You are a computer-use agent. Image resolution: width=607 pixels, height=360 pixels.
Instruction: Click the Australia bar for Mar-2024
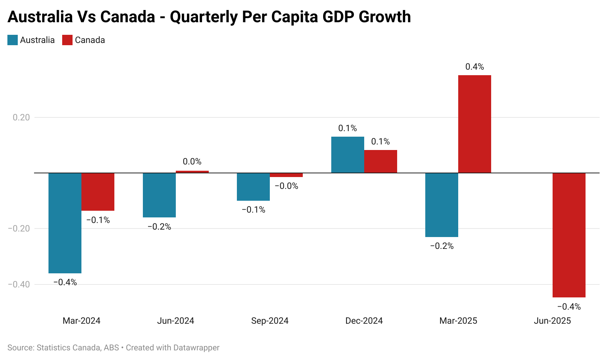65,223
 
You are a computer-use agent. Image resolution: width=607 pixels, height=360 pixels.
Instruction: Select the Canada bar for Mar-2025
474,124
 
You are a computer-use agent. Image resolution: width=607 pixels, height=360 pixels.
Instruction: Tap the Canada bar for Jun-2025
569,235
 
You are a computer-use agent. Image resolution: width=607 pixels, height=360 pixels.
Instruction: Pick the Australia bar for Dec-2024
348,155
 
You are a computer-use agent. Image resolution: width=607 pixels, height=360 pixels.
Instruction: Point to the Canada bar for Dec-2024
380,161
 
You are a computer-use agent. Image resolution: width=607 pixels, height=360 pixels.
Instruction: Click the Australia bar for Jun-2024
159,195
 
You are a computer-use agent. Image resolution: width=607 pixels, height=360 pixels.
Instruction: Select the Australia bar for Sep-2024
253,187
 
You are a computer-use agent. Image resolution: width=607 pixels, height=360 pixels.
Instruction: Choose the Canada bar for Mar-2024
98,192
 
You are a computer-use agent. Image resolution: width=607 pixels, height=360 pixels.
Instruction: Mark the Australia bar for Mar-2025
442,205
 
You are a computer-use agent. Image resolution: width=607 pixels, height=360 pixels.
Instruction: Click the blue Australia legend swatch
13,40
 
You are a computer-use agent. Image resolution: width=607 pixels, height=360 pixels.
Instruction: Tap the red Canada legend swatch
67,40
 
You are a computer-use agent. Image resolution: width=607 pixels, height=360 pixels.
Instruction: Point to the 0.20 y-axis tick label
21,117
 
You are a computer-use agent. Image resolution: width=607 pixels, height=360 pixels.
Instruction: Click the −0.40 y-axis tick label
19,284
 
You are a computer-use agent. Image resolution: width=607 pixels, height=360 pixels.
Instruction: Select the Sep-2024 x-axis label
270,321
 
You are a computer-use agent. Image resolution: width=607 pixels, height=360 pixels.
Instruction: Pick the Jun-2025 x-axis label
552,321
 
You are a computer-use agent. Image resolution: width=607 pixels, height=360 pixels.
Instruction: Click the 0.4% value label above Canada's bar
474,67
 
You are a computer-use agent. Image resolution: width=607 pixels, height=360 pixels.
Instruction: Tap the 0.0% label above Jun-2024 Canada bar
192,161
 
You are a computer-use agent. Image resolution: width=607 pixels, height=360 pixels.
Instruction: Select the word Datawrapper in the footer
196,348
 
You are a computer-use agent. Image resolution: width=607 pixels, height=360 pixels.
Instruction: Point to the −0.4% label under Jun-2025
569,307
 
